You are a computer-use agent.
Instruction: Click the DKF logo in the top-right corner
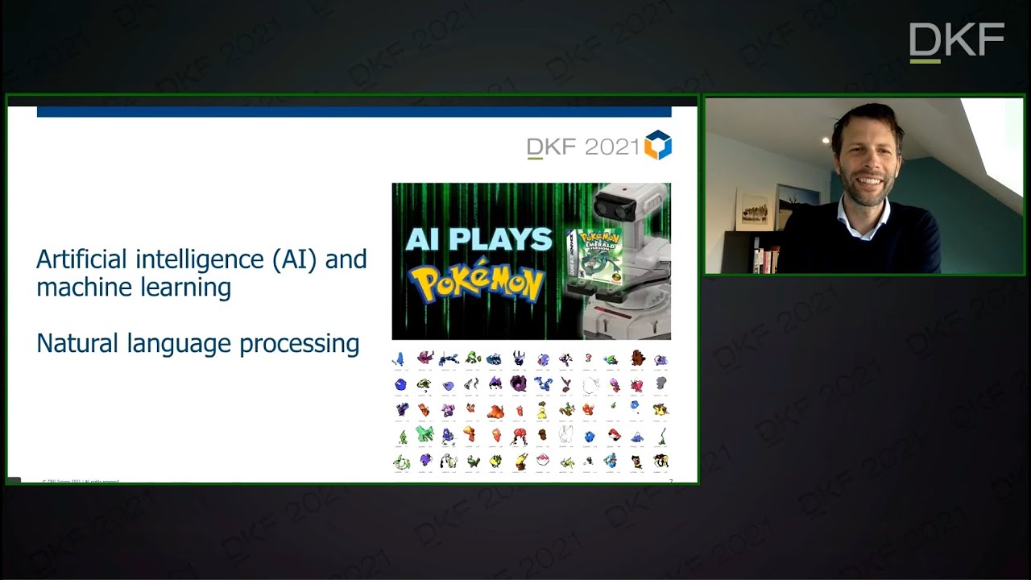(x=956, y=42)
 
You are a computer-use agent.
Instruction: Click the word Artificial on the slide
(x=81, y=259)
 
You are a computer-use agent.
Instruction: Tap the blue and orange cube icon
(x=658, y=145)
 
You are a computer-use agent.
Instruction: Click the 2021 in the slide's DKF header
(x=612, y=147)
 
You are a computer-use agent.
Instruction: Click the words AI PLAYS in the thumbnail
(x=478, y=239)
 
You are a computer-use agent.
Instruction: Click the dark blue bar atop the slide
(x=354, y=112)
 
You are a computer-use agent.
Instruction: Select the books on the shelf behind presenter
(x=765, y=259)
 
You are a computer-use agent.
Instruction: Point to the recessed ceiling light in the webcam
(x=826, y=140)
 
